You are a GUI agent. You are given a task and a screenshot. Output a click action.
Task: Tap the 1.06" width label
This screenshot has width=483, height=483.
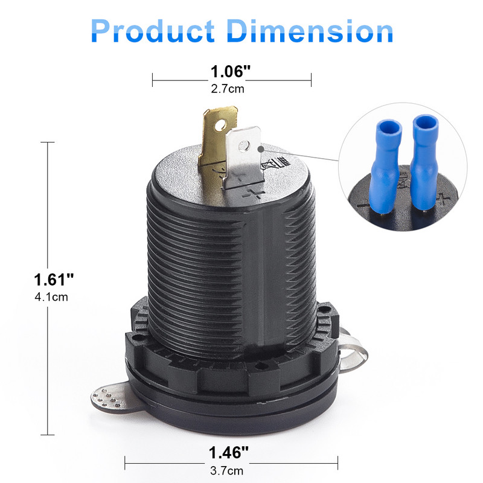(230, 72)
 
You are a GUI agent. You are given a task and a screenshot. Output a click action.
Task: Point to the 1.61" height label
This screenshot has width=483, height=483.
(54, 280)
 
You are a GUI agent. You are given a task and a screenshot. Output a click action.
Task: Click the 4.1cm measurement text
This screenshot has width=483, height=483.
(54, 297)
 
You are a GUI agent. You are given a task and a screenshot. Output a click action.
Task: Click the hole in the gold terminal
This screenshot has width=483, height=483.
(222, 126)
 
